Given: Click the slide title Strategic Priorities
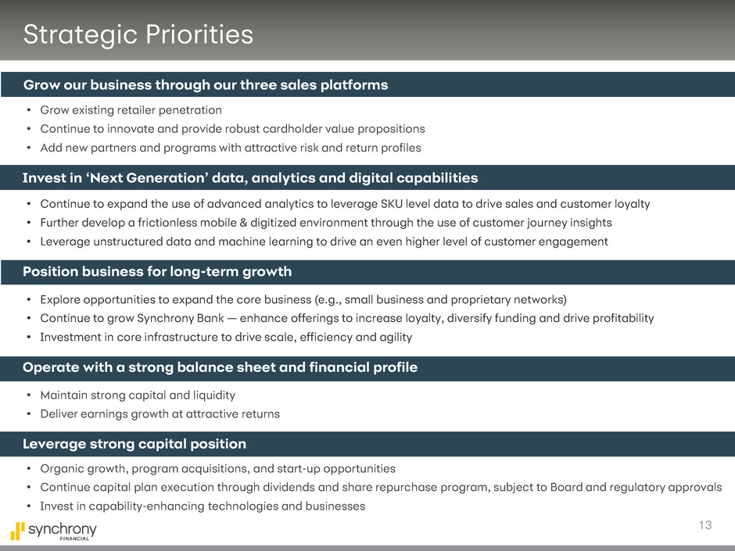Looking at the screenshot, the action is pos(138,34).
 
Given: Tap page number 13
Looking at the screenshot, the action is pos(705,524).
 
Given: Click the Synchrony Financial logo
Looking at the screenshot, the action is pos(53,531).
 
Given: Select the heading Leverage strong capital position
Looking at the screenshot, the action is pos(134,444).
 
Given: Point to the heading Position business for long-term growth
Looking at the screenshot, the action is pos(157,271).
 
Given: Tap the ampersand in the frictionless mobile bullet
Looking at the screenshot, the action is pos(243,223).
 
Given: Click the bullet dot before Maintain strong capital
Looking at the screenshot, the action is pos(29,395).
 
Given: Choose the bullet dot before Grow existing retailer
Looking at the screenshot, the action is pos(29,110).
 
